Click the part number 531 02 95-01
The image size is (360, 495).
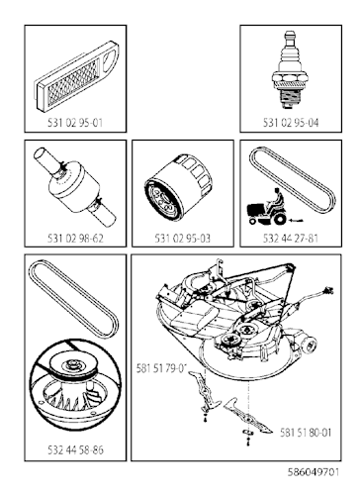click(75, 123)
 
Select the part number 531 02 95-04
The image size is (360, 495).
click(291, 123)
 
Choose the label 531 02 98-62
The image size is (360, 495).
click(75, 238)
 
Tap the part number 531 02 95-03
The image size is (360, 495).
click(183, 238)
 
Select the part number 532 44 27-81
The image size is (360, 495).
click(291, 238)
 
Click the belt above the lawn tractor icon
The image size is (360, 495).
click(293, 178)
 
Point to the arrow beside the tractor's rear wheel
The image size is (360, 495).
click(296, 220)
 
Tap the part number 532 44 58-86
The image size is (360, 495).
click(75, 449)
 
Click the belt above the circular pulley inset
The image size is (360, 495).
click(73, 299)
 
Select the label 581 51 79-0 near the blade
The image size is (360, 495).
click(161, 367)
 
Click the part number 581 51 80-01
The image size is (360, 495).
click(306, 433)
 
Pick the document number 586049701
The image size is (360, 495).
click(314, 472)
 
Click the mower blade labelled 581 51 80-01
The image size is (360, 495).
click(248, 416)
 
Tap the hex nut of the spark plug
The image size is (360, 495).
click(291, 79)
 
